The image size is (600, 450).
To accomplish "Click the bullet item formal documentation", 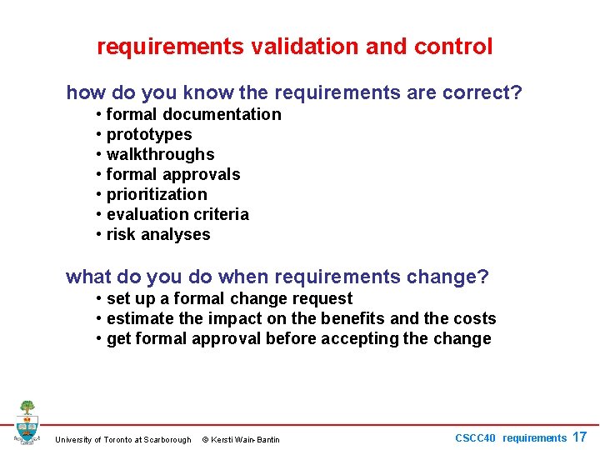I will pyautogui.click(x=193, y=114).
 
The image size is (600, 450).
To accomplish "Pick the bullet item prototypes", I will pyautogui.click(x=149, y=134).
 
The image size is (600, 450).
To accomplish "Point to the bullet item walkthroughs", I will pyautogui.click(x=160, y=154).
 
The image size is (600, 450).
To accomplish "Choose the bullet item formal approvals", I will pyautogui.click(x=173, y=174).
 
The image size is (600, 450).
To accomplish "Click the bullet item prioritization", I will pyautogui.click(x=157, y=194).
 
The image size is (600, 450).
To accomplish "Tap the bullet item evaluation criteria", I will pyautogui.click(x=177, y=214).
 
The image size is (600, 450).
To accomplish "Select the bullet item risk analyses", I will pyautogui.click(x=158, y=234).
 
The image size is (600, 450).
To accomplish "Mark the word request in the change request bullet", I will pyautogui.click(x=323, y=298).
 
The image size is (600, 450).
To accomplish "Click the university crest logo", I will pyautogui.click(x=27, y=422).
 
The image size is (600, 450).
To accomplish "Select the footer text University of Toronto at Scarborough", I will pyautogui.click(x=122, y=439).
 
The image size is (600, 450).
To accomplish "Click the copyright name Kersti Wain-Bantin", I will pyautogui.click(x=246, y=439).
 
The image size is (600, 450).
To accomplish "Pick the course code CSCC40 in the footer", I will pyautogui.click(x=475, y=437).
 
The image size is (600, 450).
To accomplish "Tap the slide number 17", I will pyautogui.click(x=579, y=437).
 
